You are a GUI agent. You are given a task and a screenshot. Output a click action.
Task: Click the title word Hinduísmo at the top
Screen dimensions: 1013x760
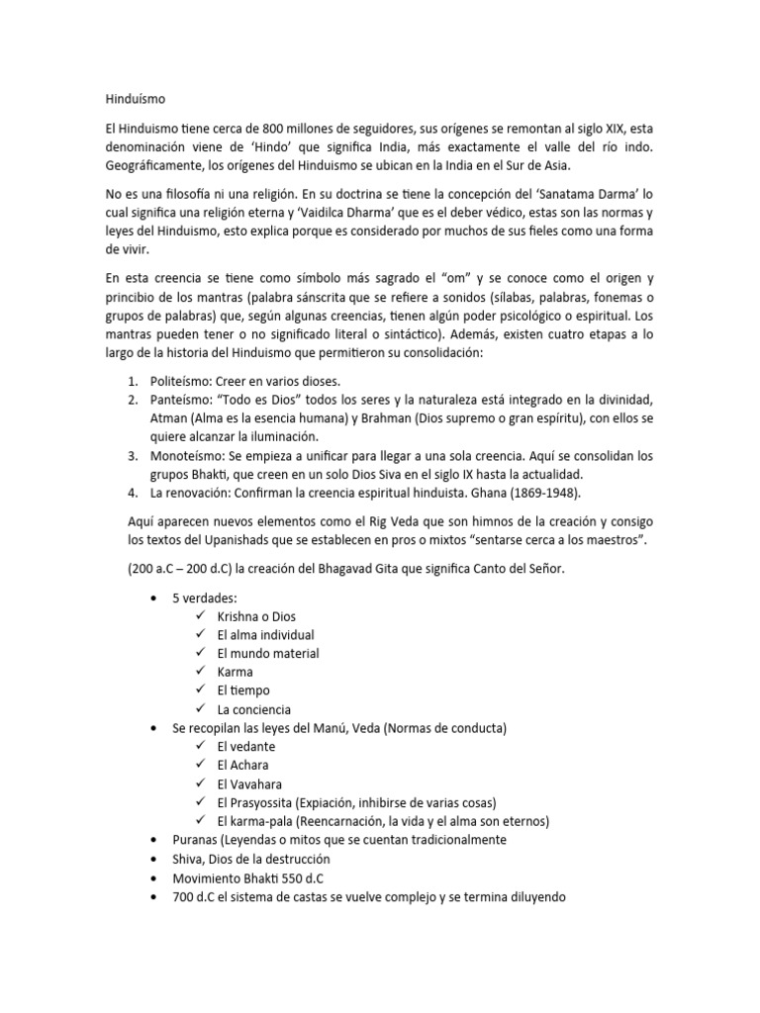[138, 99]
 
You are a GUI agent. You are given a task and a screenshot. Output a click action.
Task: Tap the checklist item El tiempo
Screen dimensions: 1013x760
[243, 691]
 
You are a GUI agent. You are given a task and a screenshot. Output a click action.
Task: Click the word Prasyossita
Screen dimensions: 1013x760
[267, 802]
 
